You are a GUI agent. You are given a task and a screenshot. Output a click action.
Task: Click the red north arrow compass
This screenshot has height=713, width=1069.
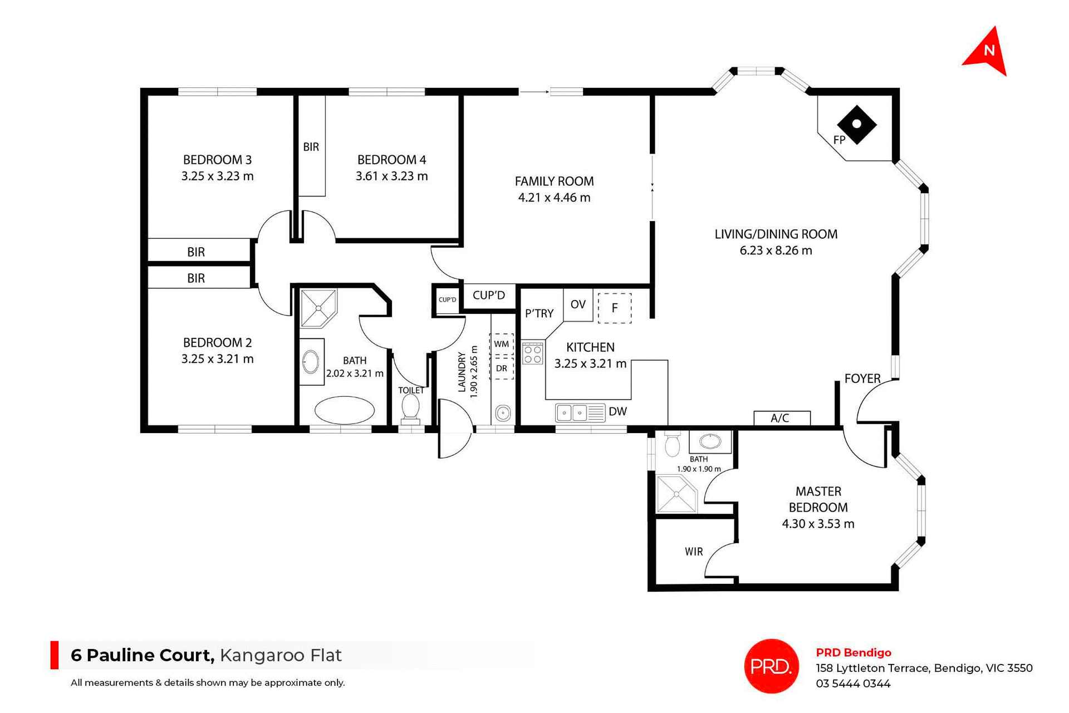pyautogui.click(x=987, y=53)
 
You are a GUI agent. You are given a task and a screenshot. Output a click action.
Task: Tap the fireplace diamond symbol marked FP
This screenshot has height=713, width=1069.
pyautogui.click(x=857, y=125)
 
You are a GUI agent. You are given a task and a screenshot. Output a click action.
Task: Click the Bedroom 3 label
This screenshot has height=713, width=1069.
pyautogui.click(x=217, y=160)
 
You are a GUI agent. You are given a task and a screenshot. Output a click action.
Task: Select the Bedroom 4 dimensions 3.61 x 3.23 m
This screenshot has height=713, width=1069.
pyautogui.click(x=391, y=176)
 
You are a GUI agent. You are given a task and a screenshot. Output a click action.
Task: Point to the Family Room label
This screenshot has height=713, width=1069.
pyautogui.click(x=554, y=181)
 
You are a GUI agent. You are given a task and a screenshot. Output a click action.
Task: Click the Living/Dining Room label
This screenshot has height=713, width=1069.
pyautogui.click(x=776, y=234)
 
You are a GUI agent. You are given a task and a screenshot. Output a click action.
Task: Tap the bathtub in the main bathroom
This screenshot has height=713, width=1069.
pyautogui.click(x=345, y=411)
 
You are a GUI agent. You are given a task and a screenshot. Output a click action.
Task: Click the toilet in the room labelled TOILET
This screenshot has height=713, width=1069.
pyautogui.click(x=410, y=407)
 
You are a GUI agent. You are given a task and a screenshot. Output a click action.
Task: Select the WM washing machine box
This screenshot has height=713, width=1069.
pyautogui.click(x=501, y=344)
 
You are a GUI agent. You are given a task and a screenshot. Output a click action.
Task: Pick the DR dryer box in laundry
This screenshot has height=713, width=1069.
pyautogui.click(x=501, y=368)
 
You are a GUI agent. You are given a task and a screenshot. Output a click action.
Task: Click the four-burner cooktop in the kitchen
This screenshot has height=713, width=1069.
pyautogui.click(x=533, y=353)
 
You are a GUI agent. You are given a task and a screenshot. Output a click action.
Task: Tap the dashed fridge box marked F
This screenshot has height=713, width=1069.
pyautogui.click(x=615, y=308)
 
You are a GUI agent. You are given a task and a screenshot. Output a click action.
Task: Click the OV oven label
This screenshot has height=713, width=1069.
pyautogui.click(x=578, y=304)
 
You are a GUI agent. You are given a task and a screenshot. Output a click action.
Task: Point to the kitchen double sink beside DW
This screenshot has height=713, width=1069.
pyautogui.click(x=572, y=413)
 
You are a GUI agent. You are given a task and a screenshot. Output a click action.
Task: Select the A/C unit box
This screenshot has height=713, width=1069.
pyautogui.click(x=781, y=418)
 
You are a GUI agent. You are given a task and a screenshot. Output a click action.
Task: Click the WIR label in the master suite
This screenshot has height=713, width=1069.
pyautogui.click(x=694, y=552)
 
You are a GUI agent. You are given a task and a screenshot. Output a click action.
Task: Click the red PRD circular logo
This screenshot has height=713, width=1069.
pyautogui.click(x=771, y=666)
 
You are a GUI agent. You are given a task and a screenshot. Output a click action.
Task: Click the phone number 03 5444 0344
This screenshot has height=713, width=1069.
pyautogui.click(x=853, y=684)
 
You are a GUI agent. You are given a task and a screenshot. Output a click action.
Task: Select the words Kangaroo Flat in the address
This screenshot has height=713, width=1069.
pyautogui.click(x=281, y=655)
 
